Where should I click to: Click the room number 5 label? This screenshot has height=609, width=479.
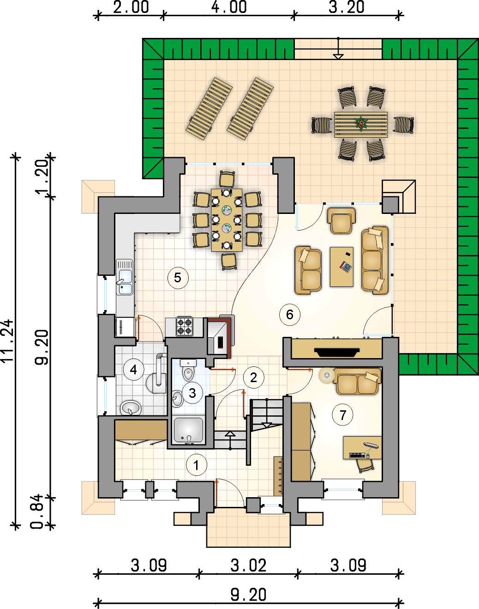178,278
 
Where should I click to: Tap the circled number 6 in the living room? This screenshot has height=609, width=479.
290,314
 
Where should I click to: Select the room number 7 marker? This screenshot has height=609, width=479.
342,415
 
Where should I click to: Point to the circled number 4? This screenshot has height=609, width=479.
134,370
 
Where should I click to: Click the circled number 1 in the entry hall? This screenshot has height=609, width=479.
197,465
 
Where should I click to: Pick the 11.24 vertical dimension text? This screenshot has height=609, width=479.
7,341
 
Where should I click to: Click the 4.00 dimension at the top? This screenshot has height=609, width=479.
229,7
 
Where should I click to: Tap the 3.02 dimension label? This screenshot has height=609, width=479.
248,566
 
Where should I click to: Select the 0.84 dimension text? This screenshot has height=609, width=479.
37,512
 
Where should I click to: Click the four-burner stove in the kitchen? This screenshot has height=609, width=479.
184,326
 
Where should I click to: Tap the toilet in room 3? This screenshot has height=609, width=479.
188,370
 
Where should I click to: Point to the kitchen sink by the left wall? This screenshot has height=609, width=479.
125,278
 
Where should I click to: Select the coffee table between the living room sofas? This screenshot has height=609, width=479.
341,267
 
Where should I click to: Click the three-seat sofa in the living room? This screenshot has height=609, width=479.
375,260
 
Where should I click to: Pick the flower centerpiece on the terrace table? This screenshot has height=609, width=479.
361,124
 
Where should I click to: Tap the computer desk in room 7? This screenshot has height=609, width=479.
362,447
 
